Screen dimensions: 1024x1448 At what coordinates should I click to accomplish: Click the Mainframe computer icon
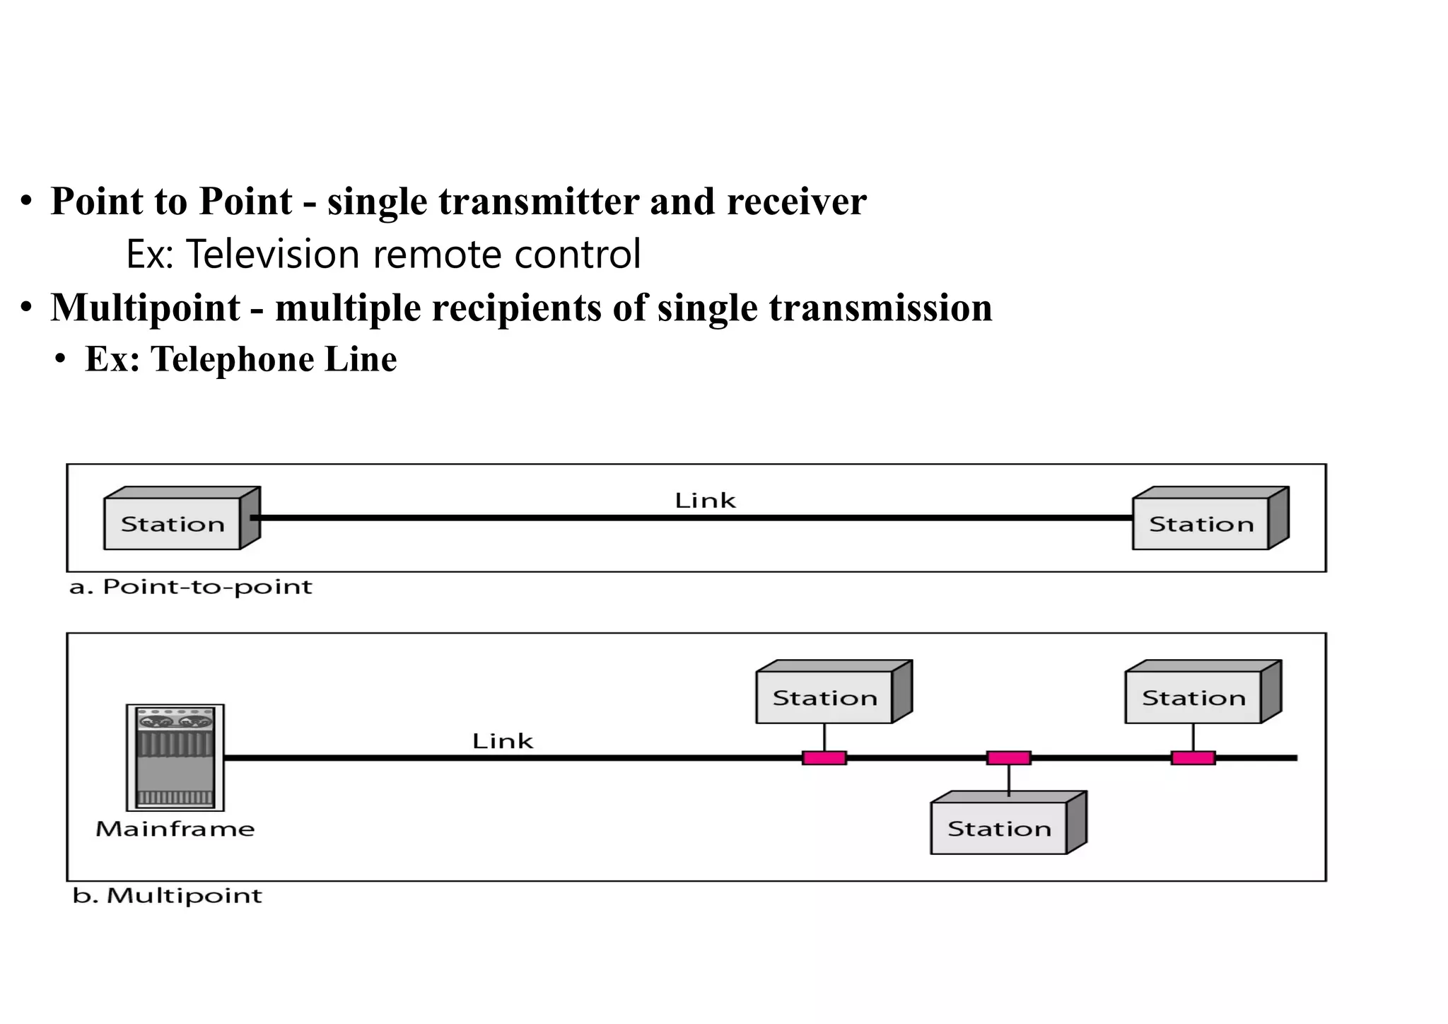point(175,757)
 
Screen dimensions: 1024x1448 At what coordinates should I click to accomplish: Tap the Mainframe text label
point(175,829)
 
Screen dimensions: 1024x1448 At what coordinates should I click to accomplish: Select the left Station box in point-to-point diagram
point(173,524)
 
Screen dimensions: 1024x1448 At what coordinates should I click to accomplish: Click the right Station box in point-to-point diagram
point(1201,524)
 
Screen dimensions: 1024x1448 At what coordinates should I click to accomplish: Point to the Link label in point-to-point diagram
point(705,501)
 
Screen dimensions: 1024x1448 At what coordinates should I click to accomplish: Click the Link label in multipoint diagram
point(503,741)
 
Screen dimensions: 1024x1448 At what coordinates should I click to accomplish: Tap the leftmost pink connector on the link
point(824,758)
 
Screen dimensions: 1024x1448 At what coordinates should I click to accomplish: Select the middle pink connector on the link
point(1008,758)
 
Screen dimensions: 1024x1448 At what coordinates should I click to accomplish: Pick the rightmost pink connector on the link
point(1193,758)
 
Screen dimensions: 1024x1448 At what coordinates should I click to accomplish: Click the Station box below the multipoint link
point(999,828)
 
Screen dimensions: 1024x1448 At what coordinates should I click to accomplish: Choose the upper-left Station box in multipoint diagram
point(825,697)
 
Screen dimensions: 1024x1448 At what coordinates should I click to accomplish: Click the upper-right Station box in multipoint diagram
point(1194,697)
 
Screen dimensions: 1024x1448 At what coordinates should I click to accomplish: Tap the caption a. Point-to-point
point(191,587)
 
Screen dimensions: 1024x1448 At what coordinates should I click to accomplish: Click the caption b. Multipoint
point(168,896)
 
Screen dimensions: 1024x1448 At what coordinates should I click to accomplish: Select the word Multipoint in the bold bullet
point(146,308)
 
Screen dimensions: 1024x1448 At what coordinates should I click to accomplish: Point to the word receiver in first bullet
point(796,202)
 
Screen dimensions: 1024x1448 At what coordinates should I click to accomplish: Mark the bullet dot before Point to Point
point(26,202)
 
